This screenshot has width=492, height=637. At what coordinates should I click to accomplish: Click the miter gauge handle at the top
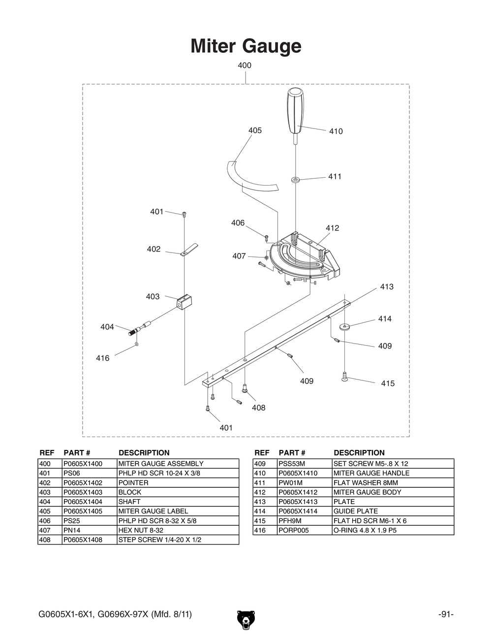coord(295,111)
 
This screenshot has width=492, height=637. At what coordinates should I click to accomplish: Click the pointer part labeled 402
coord(188,250)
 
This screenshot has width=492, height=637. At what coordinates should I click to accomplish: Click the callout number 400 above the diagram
coord(245,65)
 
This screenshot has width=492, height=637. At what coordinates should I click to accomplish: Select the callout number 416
coord(103,358)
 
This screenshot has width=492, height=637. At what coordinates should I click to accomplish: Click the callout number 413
coord(387,287)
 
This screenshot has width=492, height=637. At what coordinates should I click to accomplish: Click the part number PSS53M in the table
coord(292,464)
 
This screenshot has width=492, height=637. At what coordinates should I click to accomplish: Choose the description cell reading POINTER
coord(133,483)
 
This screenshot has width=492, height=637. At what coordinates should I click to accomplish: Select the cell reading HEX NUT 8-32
coord(141,530)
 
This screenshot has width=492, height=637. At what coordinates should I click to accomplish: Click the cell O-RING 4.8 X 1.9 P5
coord(365,530)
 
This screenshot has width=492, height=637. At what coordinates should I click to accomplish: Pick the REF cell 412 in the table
coord(260,492)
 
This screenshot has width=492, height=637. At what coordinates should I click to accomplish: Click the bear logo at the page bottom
coord(246,620)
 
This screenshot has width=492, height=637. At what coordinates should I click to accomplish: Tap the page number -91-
coord(445,614)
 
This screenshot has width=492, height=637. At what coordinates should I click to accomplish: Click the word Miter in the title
coord(213,46)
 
